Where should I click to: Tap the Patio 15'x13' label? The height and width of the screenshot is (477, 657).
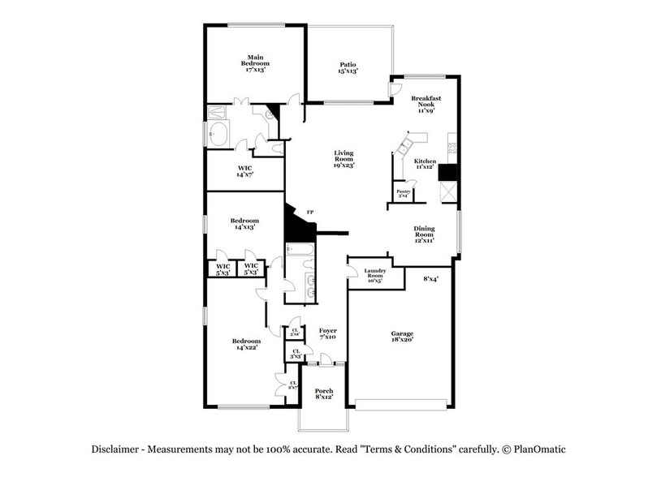pos(348,67)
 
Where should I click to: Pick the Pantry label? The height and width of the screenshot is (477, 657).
pos(402,193)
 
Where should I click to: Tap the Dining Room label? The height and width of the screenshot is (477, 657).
pos(424,234)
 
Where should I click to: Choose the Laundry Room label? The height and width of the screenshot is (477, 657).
pos(374,276)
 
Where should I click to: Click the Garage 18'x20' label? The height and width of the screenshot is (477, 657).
pos(402,337)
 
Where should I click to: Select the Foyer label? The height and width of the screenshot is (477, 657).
pos(327,333)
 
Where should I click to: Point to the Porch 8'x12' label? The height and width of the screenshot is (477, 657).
pos(324,393)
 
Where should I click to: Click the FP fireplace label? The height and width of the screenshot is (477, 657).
pos(309,213)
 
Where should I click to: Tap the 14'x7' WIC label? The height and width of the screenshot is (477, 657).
pos(245,171)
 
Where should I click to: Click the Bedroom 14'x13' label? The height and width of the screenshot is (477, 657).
pos(244,224)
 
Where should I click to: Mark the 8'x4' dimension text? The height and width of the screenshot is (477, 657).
pos(430,279)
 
